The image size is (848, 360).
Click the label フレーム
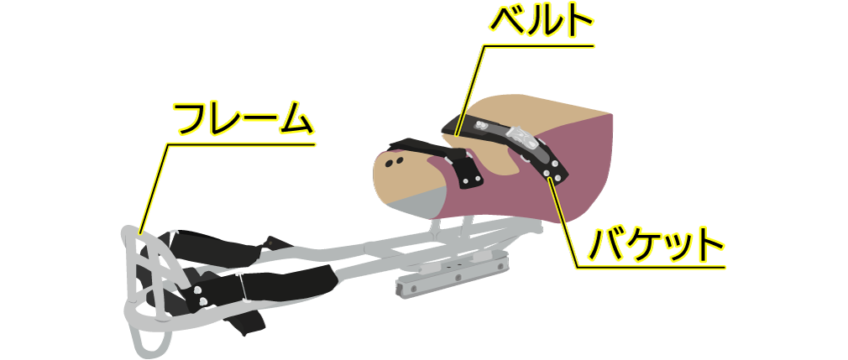click(x=244, y=119)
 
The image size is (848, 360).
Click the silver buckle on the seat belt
click(x=520, y=137)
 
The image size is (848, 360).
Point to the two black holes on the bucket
click(x=395, y=162)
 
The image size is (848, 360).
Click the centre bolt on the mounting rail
click(x=458, y=278)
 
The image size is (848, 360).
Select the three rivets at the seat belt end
click(x=551, y=168)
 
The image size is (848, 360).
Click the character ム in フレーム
click(x=294, y=120)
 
